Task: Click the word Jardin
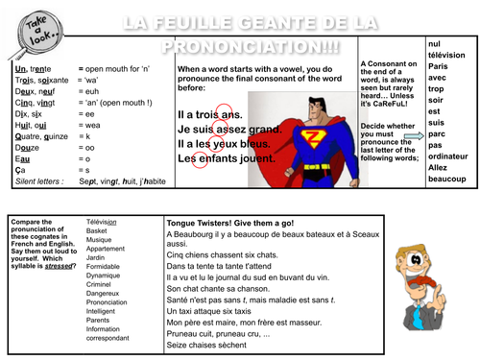[x=96, y=255]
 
